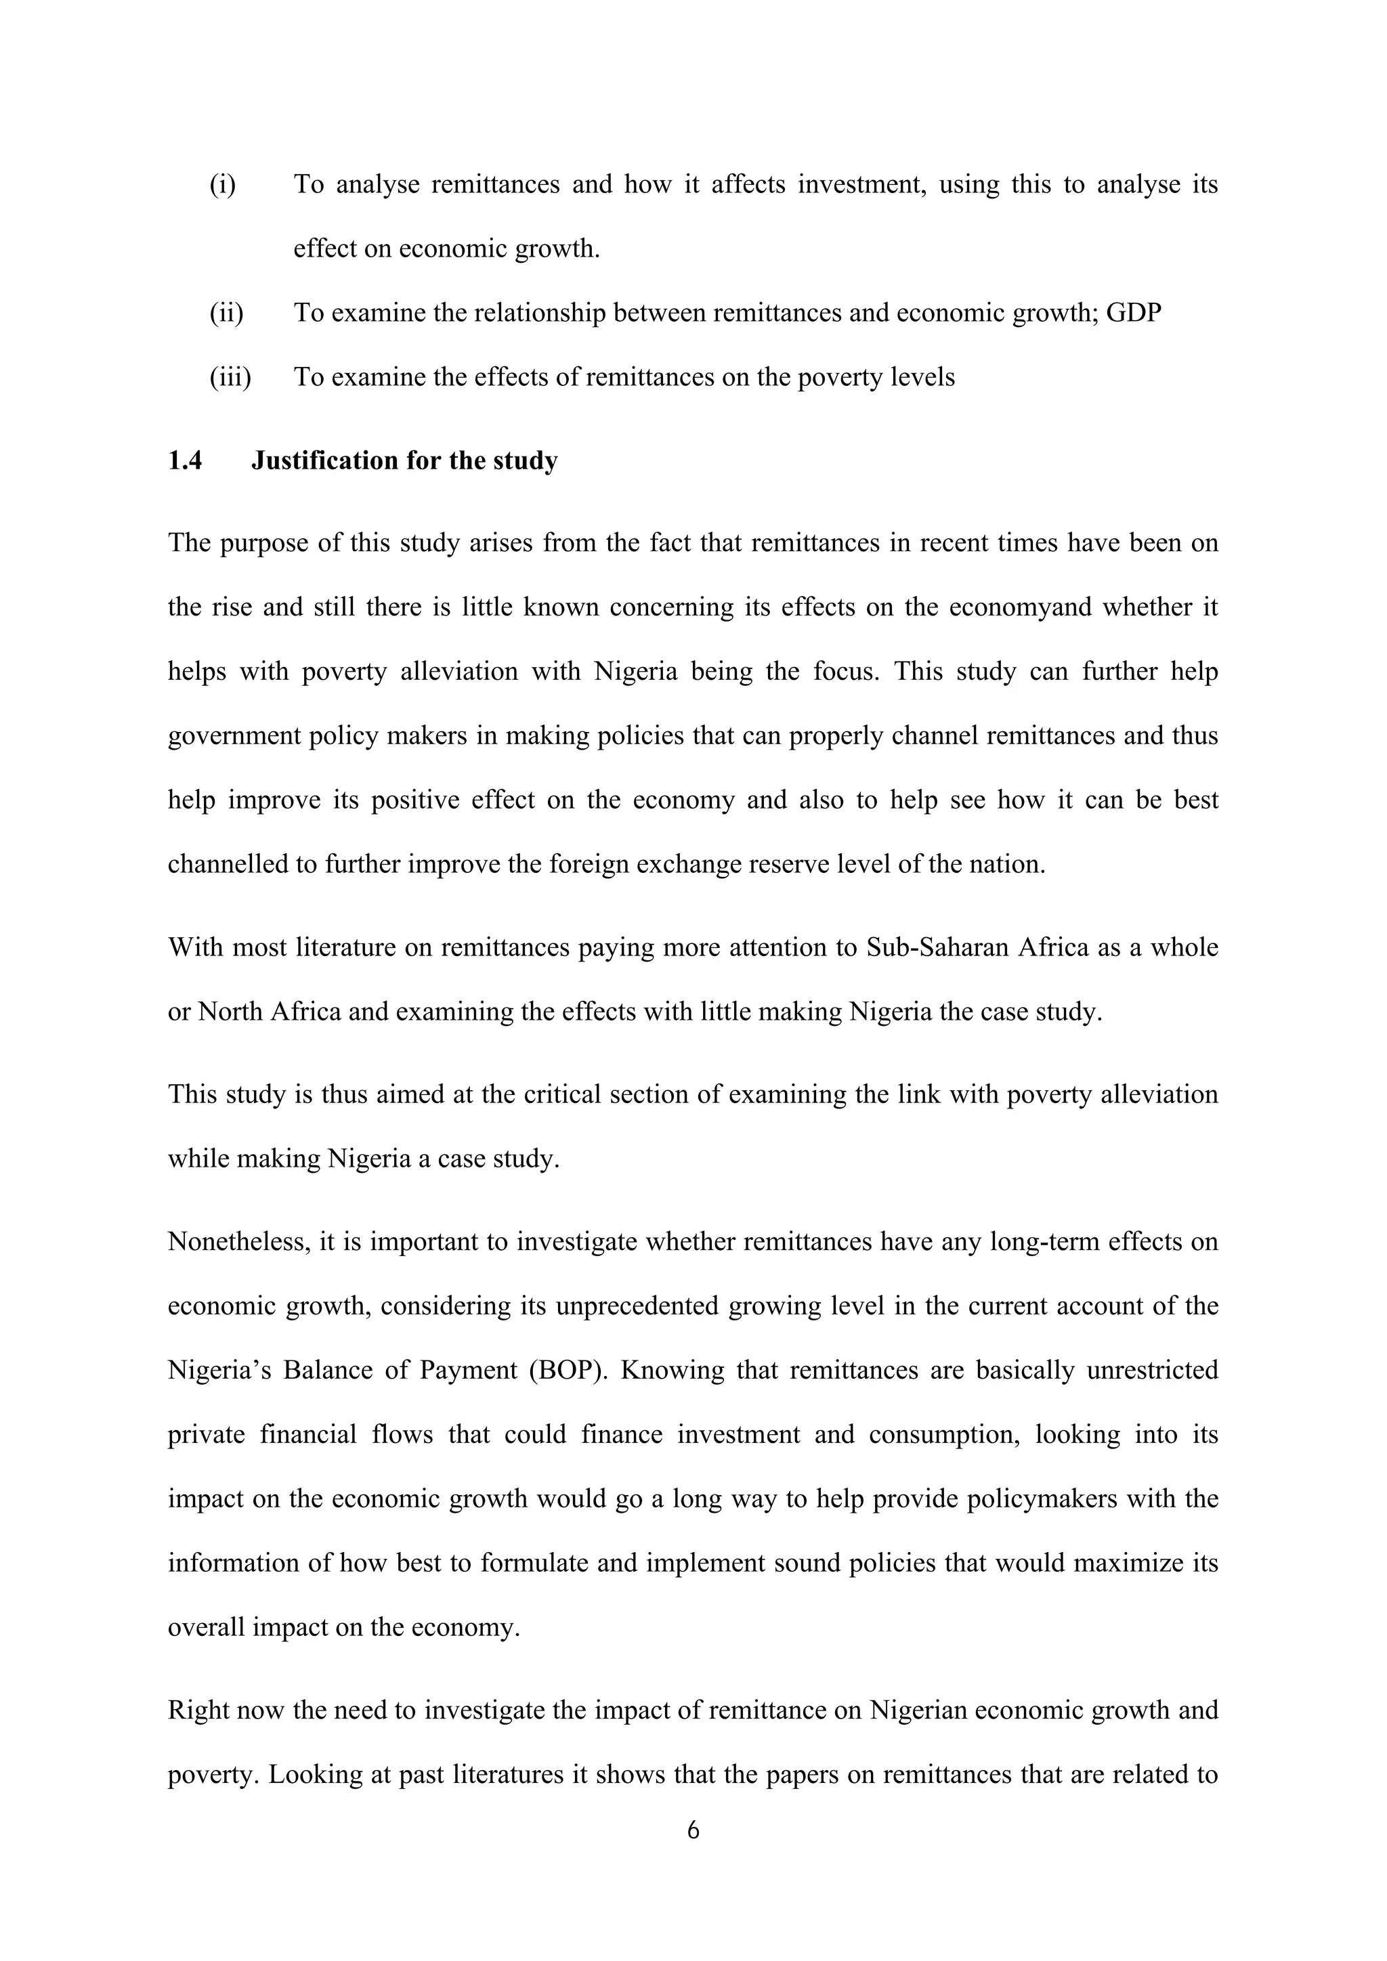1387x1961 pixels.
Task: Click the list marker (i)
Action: (x=223, y=184)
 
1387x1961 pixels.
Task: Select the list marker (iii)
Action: (x=230, y=376)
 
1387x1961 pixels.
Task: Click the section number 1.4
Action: (x=186, y=461)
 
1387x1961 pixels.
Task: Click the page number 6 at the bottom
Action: (x=693, y=1830)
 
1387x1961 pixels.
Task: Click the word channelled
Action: (x=227, y=864)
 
